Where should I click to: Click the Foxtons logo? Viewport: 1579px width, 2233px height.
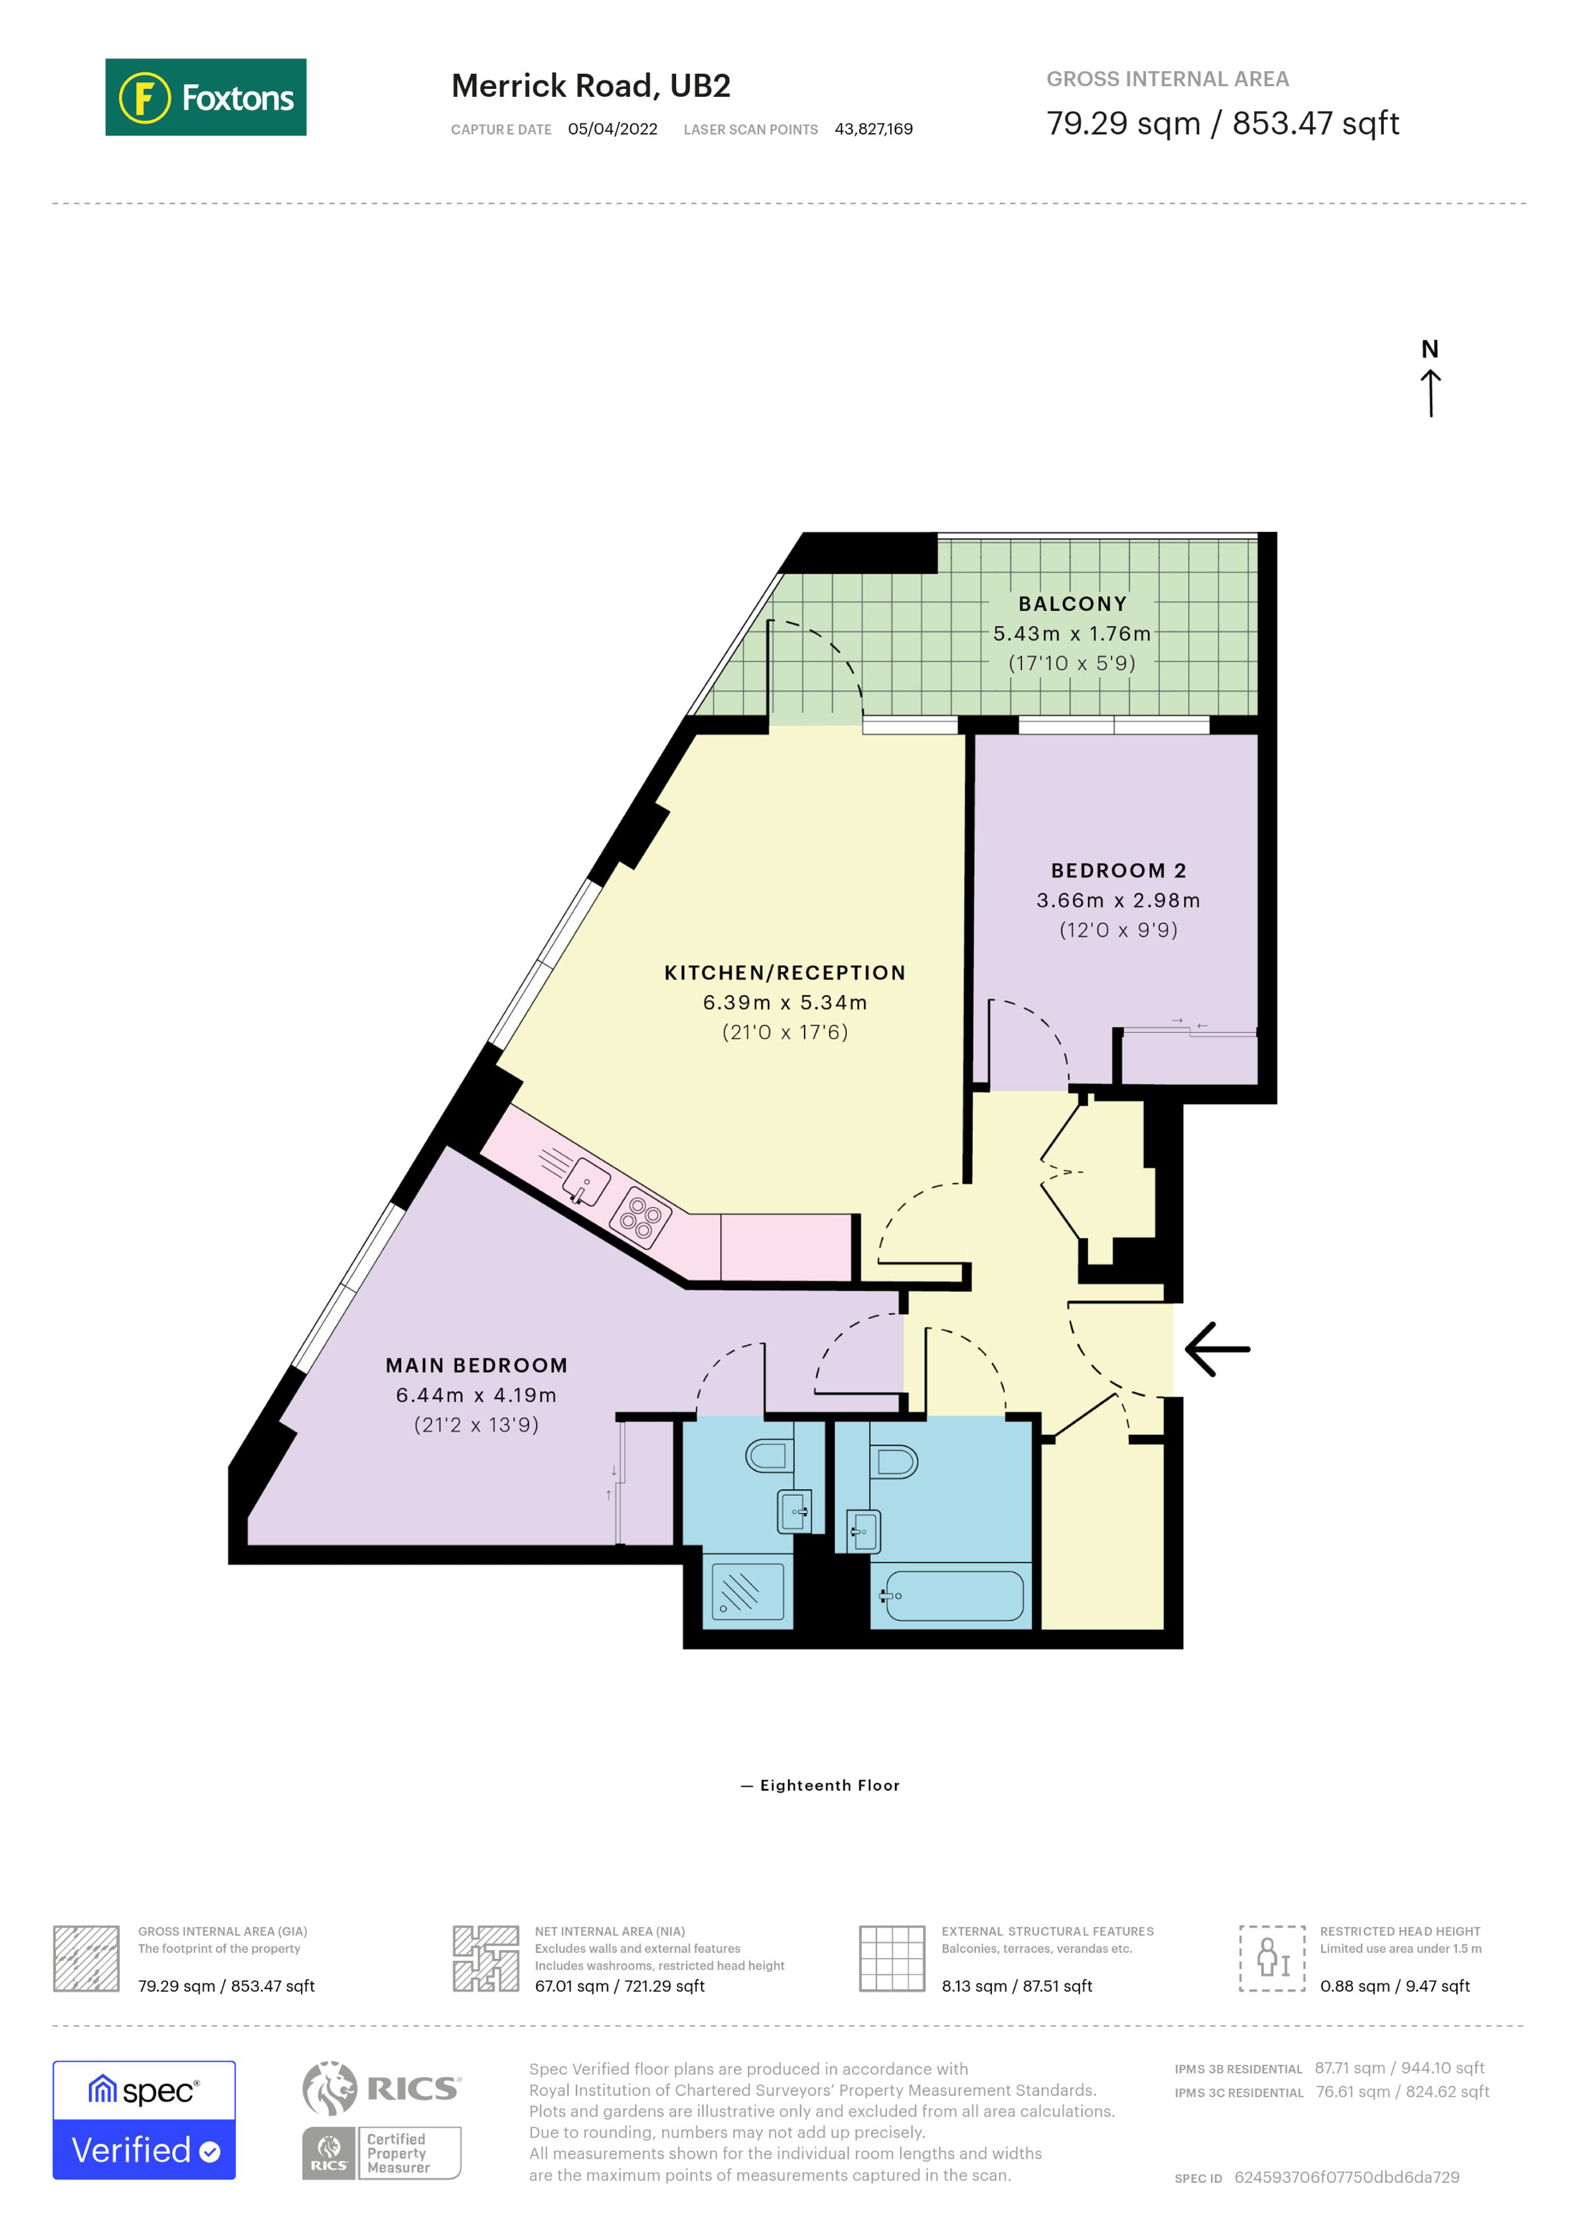205,97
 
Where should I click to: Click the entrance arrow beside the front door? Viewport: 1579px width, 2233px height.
1217,1349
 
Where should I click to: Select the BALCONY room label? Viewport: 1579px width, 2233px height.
1072,604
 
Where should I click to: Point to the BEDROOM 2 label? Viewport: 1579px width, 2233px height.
1118,871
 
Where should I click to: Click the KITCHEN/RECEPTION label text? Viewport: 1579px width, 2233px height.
784,973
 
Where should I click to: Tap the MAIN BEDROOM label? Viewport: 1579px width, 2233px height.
477,1365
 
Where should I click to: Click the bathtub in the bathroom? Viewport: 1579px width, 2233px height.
953,1596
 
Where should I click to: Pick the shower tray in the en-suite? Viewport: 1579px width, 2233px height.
746,1591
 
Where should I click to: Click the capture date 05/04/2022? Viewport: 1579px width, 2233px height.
612,129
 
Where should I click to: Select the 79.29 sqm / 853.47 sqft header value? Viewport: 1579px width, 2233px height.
1222,123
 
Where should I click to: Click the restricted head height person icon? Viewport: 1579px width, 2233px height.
1272,1959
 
